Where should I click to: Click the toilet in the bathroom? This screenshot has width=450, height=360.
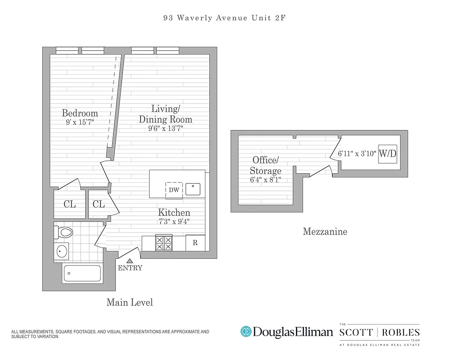64,232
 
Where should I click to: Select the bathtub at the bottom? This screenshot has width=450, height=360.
82,273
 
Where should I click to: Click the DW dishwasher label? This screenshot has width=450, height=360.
174,190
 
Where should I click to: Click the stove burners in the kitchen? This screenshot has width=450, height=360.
164,243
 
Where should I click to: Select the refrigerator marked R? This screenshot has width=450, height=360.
195,243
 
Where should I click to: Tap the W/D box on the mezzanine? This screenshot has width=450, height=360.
387,153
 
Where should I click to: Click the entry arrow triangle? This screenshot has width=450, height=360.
130,260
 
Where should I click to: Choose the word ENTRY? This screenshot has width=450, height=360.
130,268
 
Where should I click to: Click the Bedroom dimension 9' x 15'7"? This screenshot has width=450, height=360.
80,122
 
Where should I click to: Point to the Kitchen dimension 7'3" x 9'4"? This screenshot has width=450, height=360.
174,221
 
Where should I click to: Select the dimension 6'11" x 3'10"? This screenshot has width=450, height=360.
357,153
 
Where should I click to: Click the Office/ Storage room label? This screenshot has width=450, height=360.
266,165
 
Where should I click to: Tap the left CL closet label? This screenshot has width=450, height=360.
69,204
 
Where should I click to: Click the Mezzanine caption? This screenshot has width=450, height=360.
325,232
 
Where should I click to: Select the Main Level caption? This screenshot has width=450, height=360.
129,302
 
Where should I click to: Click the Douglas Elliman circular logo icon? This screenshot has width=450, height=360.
245,332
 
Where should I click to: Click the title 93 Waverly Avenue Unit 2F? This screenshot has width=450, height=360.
225,18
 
